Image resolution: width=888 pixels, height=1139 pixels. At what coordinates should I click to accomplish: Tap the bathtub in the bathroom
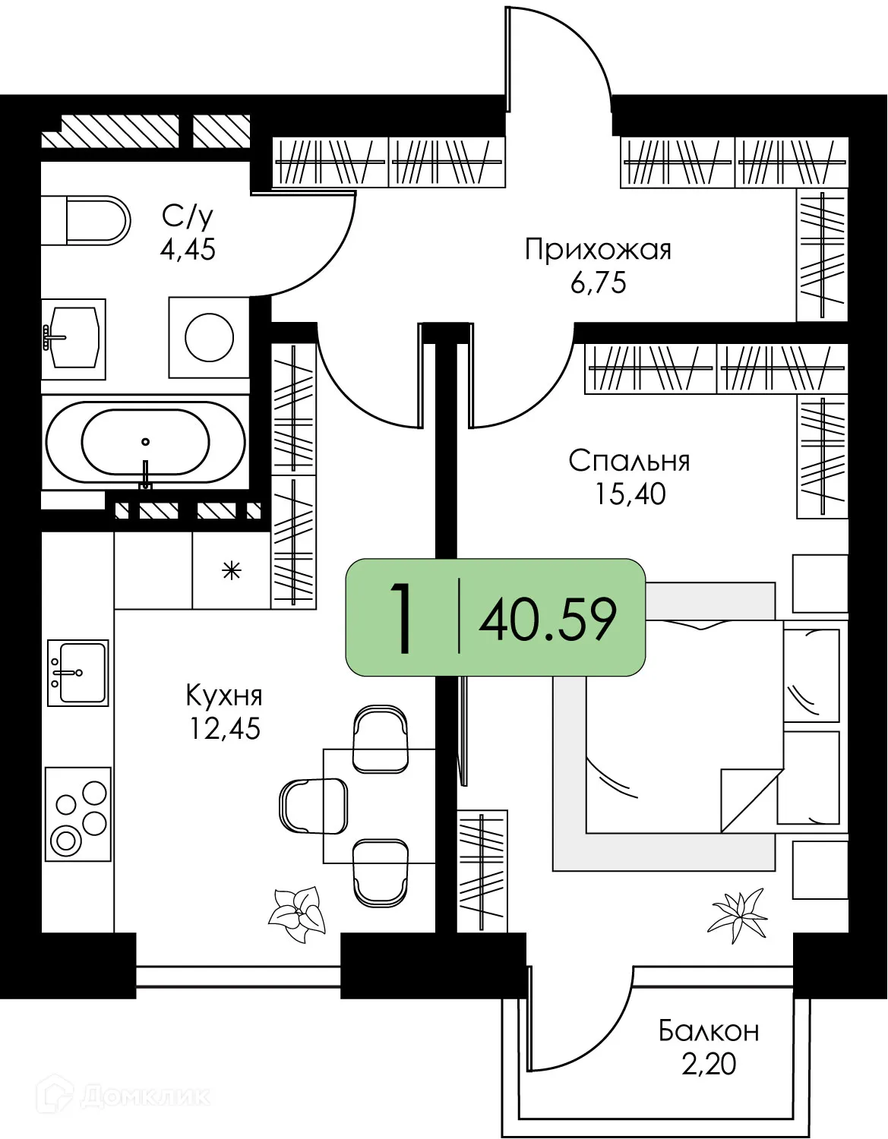(145, 442)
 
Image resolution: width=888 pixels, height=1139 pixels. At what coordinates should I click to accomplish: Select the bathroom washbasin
(74, 339)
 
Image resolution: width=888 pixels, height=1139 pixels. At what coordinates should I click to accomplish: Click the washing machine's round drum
(209, 338)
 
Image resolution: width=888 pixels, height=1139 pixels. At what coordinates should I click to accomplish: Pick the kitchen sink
(78, 673)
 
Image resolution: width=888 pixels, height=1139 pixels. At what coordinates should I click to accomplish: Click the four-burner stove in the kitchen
(78, 814)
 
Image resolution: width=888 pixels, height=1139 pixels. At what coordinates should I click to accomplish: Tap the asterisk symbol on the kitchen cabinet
(231, 570)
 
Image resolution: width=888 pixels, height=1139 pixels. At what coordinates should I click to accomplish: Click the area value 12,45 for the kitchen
(224, 729)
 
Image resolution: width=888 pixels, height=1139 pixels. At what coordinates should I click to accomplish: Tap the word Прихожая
(598, 250)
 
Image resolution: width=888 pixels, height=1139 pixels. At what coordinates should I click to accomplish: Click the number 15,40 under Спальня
(630, 494)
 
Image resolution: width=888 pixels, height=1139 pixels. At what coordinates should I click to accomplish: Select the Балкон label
(709, 1031)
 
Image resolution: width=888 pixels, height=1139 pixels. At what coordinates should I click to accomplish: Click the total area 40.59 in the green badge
(547, 620)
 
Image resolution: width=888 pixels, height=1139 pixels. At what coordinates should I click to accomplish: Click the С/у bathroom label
(187, 216)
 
